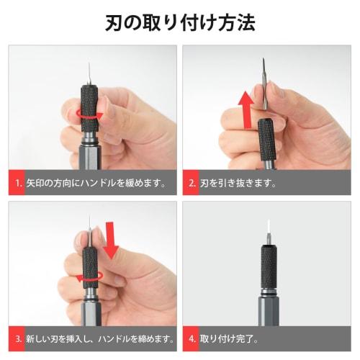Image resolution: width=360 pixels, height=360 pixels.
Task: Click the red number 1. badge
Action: point(17,183)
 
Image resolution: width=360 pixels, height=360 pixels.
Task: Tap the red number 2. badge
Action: point(192,183)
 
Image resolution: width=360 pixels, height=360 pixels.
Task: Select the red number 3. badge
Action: point(17,338)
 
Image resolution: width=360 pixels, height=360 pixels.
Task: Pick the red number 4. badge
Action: point(192,338)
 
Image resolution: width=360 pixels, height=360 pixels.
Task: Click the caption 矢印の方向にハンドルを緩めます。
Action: point(96,183)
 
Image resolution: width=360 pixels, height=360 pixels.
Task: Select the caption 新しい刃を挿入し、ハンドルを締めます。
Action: point(101,338)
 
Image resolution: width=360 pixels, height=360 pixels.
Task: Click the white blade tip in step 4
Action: point(268,226)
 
